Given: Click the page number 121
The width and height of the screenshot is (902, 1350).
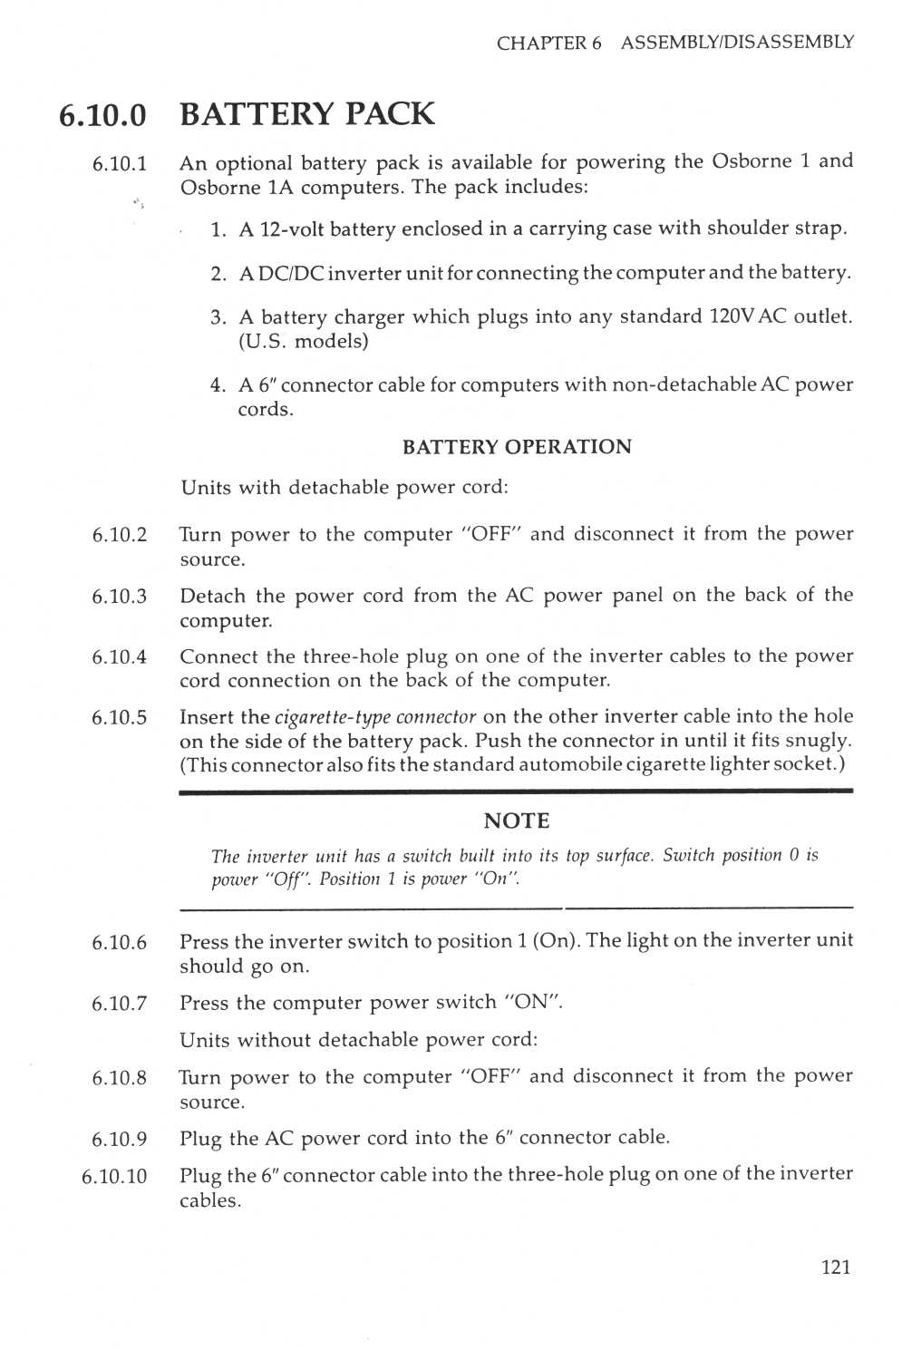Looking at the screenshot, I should coord(835,1267).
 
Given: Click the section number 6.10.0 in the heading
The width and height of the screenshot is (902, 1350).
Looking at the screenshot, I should coord(102,115).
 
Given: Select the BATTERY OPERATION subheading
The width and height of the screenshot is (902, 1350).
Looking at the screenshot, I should coord(517,447).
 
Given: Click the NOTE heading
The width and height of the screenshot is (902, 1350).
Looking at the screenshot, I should coord(517,821).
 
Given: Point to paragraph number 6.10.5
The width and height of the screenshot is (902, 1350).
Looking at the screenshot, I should coord(119,718).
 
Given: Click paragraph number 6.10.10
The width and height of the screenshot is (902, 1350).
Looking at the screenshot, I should coord(114,1177).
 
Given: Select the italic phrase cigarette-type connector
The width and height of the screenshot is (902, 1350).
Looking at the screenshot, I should coord(374,718).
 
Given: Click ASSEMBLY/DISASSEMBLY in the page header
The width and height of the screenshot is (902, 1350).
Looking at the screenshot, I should coord(737,43).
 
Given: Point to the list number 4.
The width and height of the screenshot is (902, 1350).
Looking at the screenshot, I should coord(218,385).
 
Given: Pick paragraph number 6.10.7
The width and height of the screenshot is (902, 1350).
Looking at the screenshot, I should coord(119,1004).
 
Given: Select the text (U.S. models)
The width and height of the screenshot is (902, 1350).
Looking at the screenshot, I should coord(303,342).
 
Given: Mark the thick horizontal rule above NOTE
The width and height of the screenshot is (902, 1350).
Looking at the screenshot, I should coord(516,792).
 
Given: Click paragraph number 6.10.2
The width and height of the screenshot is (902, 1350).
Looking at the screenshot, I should coord(119,535).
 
